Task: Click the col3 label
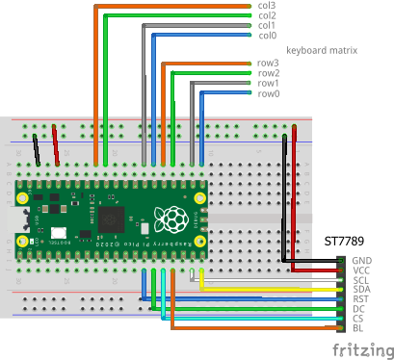tap(267, 6)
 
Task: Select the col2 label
tap(267, 15)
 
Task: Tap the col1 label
tap(267, 25)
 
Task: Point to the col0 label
tap(267, 36)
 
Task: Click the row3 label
tap(268, 64)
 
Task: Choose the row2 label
tap(268, 73)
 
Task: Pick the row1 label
tap(268, 84)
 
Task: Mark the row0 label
tap(268, 93)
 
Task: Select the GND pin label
tap(362, 261)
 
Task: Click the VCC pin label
tap(362, 270)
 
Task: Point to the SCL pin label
tap(361, 280)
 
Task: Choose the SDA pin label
tap(362, 290)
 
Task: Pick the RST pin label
tap(361, 299)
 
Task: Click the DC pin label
tap(359, 309)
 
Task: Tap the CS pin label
tap(359, 319)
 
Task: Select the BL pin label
tap(358, 328)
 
